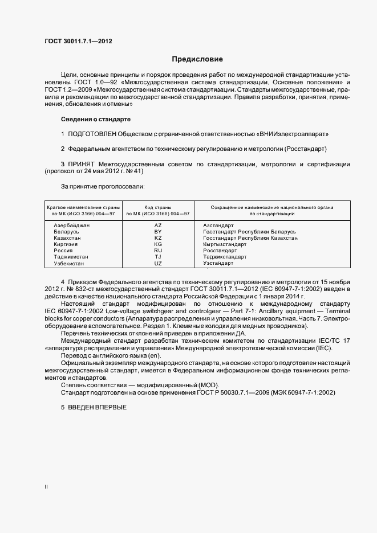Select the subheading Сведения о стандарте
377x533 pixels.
pos(95,119)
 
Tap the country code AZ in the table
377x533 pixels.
pos(158,225)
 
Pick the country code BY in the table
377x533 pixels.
pos(158,232)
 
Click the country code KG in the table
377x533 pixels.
pos(158,244)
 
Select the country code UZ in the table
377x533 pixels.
pos(158,264)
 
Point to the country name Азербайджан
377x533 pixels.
pos(72,225)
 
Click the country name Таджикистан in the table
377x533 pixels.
pos(71,257)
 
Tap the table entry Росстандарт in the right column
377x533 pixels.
pos(220,251)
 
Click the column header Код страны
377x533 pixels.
pos(158,207)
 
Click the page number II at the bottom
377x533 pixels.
pos(46,487)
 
